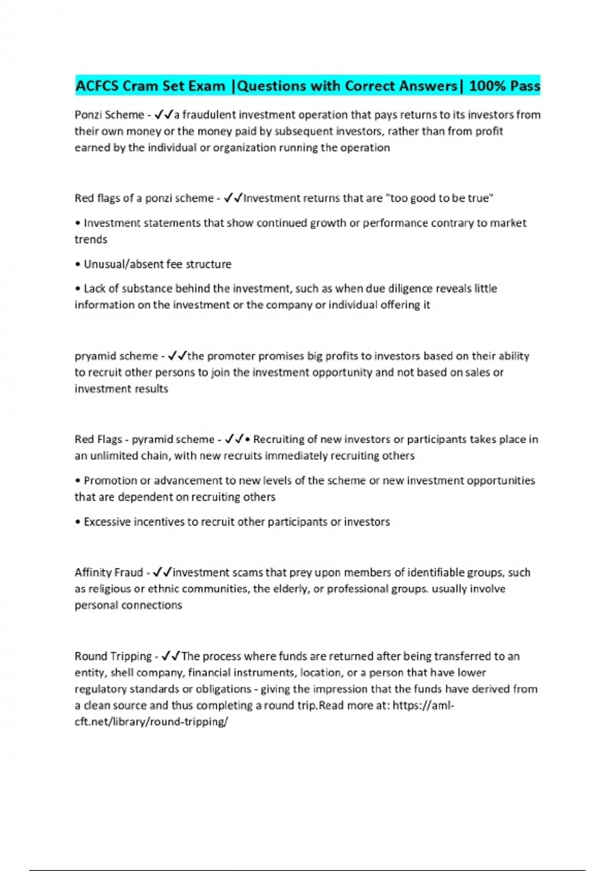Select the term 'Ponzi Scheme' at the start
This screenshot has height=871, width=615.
point(109,115)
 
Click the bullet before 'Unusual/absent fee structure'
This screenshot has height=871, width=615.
point(78,264)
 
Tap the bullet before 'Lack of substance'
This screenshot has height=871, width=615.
point(78,289)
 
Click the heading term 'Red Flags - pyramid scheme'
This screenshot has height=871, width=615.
point(145,440)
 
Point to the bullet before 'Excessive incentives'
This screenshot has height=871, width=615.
point(78,522)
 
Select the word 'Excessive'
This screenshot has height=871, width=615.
point(107,522)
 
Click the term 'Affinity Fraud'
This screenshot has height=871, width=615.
point(109,573)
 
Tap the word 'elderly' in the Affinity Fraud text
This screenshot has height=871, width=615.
point(292,589)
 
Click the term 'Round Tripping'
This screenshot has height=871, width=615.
point(113,656)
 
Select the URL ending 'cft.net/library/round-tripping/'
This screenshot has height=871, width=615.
point(151,722)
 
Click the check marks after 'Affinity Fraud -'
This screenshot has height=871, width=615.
point(162,572)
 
